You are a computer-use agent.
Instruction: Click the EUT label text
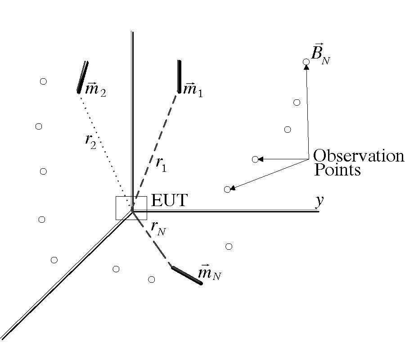pyautogui.click(x=169, y=200)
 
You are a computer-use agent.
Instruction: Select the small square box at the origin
pyautogui.click(x=131, y=208)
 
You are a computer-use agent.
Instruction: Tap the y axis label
pyautogui.click(x=319, y=201)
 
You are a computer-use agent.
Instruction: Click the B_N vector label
pyautogui.click(x=321, y=55)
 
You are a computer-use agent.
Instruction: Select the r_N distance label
pyautogui.click(x=158, y=229)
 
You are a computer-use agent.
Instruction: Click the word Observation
pyautogui.click(x=358, y=156)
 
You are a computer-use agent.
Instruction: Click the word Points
pyautogui.click(x=337, y=170)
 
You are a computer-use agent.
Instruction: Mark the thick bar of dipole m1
pyautogui.click(x=179, y=76)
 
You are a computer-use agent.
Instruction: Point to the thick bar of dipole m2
pyautogui.click(x=82, y=77)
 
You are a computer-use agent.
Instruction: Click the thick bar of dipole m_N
pyautogui.click(x=187, y=275)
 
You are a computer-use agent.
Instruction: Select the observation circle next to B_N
pyautogui.click(x=306, y=61)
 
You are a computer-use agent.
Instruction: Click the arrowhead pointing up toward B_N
pyautogui.click(x=306, y=67)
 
